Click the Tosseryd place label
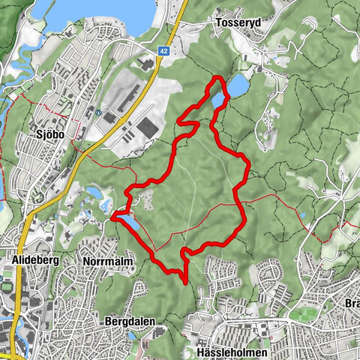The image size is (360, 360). click(236, 23)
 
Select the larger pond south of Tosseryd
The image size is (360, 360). click(237, 87)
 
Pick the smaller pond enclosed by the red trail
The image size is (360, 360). click(217, 99)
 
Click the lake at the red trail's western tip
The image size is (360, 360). click(127, 223)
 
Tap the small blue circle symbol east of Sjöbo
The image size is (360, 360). click(97, 113)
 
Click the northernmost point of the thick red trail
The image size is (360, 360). click(217, 77)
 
